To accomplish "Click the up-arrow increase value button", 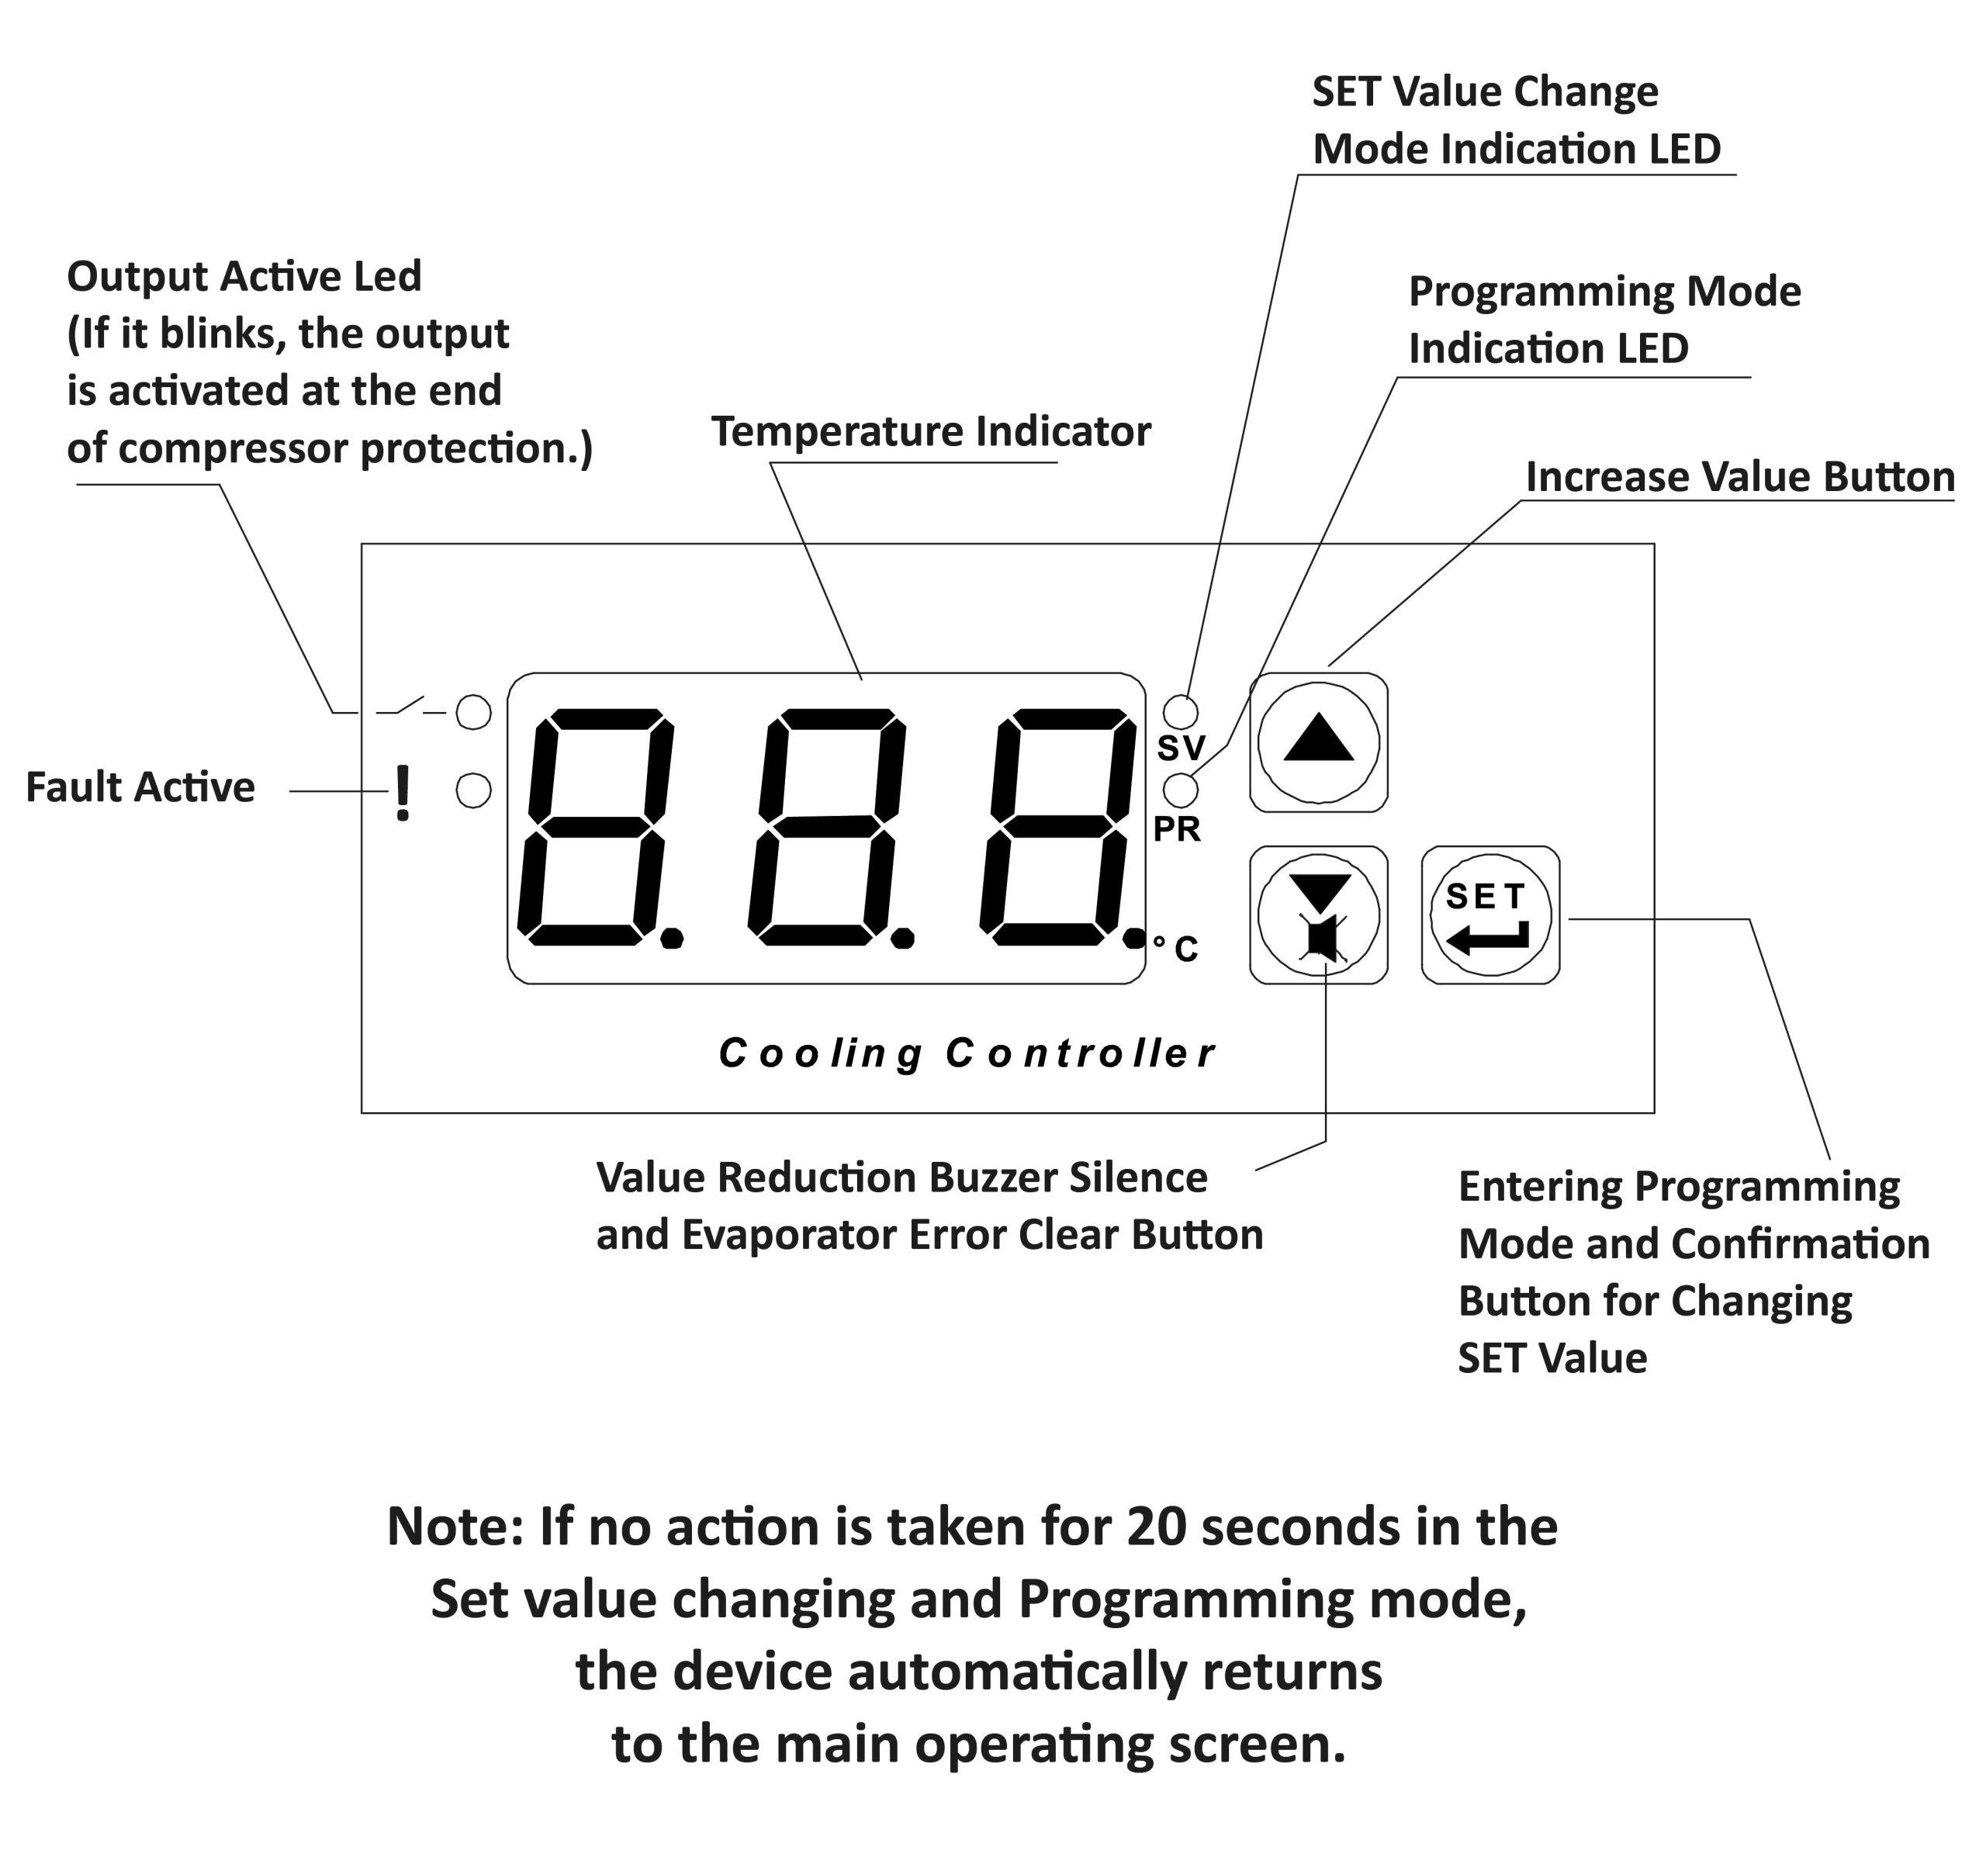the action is point(1319,743).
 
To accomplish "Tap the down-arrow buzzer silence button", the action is point(1319,916).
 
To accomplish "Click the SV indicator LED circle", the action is point(1182,712).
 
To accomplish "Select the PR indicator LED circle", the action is point(1182,789).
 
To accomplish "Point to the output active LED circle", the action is point(473,712).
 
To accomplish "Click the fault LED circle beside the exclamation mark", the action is point(473,791).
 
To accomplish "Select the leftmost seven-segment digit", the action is point(595,827).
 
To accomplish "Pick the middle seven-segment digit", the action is point(827,827).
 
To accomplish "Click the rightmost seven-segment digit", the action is point(1058,827).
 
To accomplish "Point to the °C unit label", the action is point(1176,948).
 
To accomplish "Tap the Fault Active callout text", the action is point(140,787).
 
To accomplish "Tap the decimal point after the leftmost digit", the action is point(673,938).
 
